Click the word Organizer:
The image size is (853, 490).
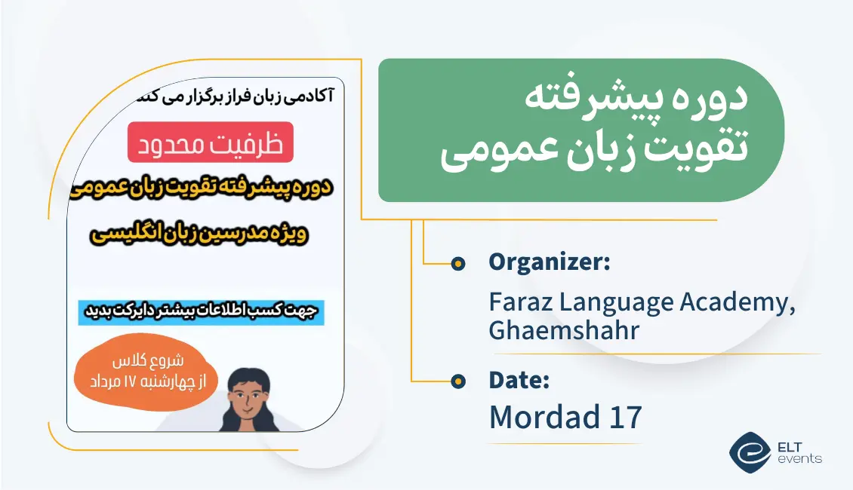549,262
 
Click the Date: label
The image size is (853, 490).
519,381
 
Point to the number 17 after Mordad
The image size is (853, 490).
622,417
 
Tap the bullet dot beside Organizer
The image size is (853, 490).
457,263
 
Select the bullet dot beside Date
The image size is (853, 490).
457,381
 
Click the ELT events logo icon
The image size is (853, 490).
750,452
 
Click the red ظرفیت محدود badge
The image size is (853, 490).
211,142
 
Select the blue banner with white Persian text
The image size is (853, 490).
202,312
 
